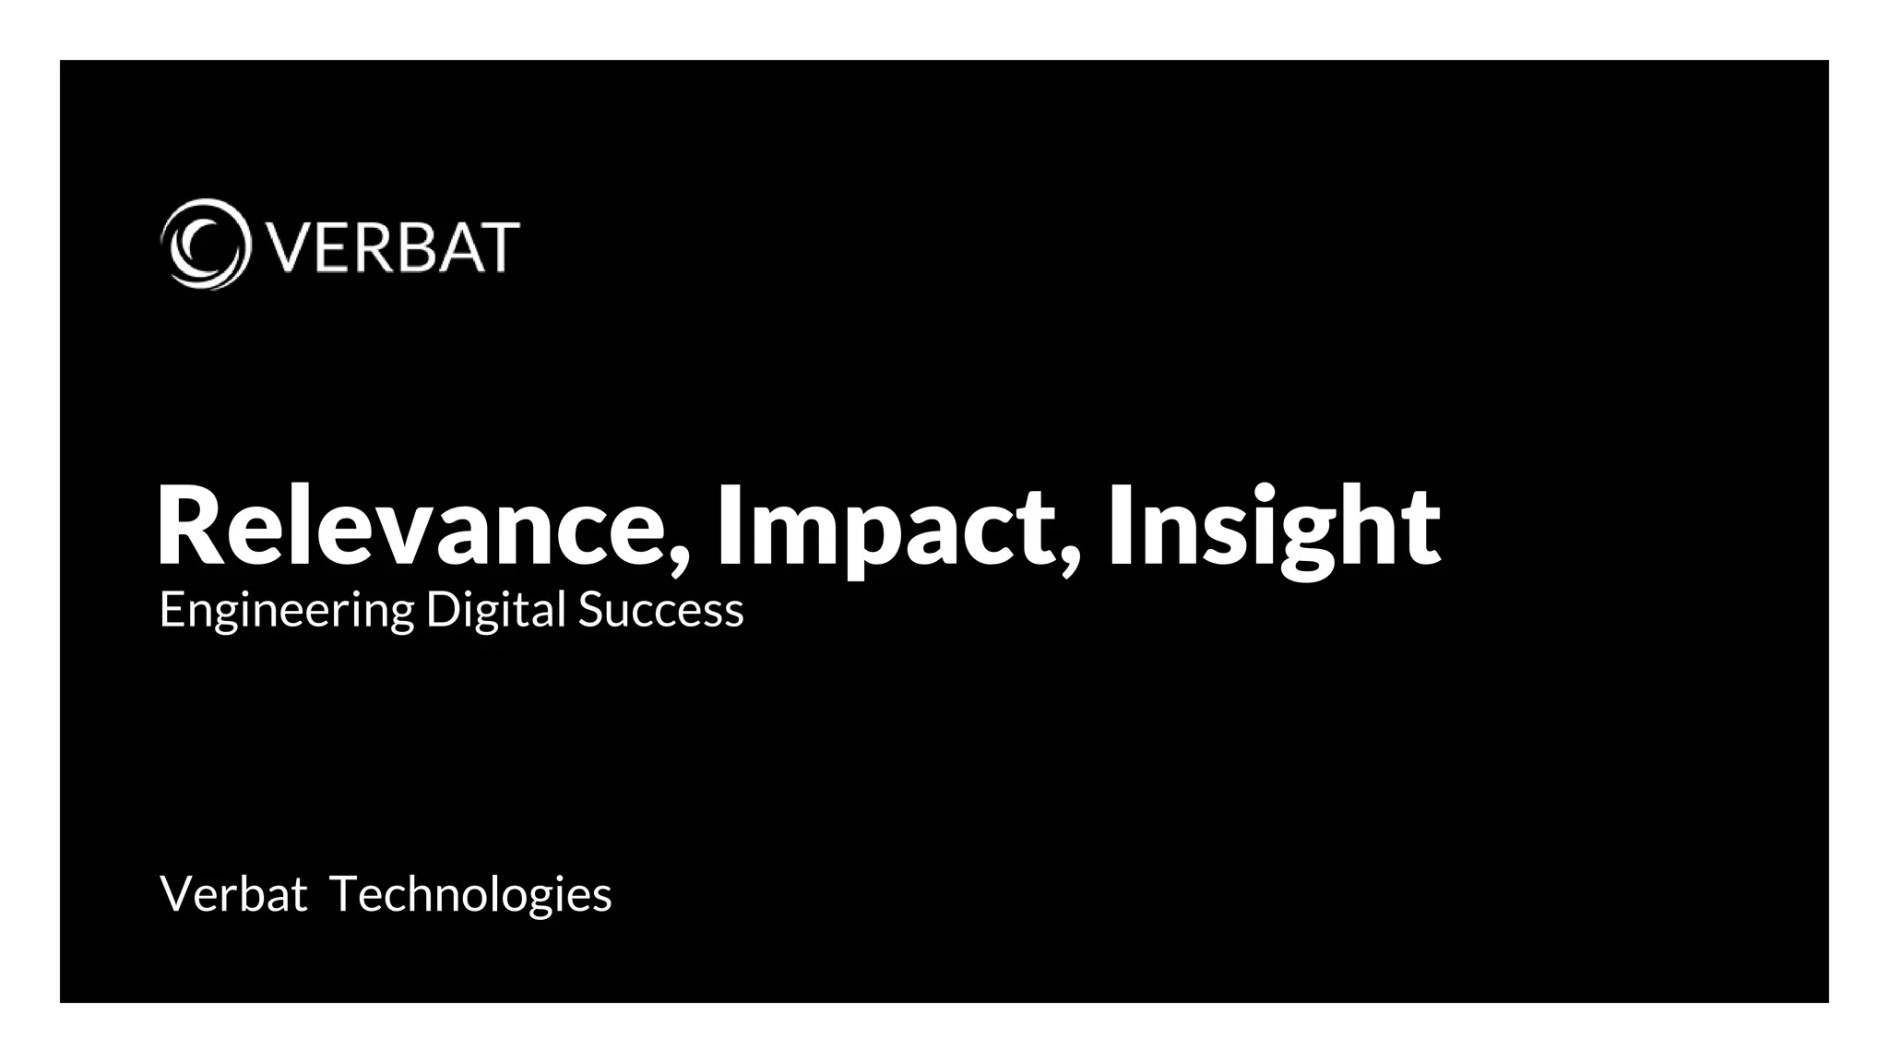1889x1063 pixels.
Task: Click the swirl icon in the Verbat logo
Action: [x=205, y=245]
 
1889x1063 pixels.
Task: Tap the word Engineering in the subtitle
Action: [x=286, y=611]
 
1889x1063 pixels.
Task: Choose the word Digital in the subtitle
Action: [x=495, y=611]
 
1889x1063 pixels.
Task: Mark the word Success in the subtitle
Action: [x=660, y=611]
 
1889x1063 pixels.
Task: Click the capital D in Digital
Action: [x=442, y=609]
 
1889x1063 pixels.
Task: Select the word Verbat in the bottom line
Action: [x=233, y=894]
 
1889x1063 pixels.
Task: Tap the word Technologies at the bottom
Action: [x=470, y=894]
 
